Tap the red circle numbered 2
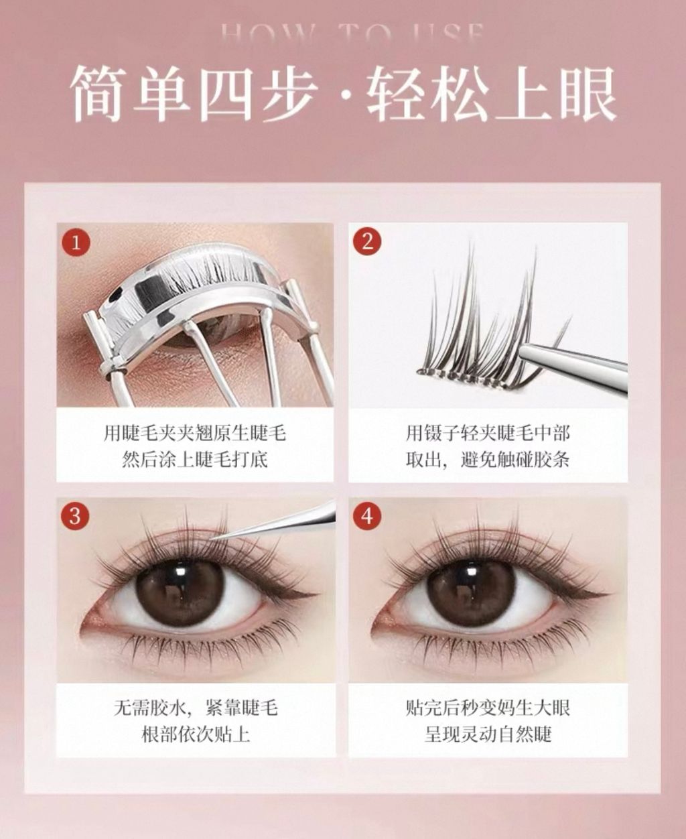(367, 241)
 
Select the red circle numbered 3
(75, 516)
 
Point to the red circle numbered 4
(367, 516)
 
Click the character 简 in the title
(98, 94)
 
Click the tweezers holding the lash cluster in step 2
(576, 362)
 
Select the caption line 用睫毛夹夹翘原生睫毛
(195, 433)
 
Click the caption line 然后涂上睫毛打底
(195, 460)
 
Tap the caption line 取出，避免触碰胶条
(488, 460)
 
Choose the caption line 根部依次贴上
(196, 734)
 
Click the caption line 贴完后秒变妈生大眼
(488, 707)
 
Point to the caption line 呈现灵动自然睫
(488, 734)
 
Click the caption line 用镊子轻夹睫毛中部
(488, 433)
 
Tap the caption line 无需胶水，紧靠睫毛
(196, 707)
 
